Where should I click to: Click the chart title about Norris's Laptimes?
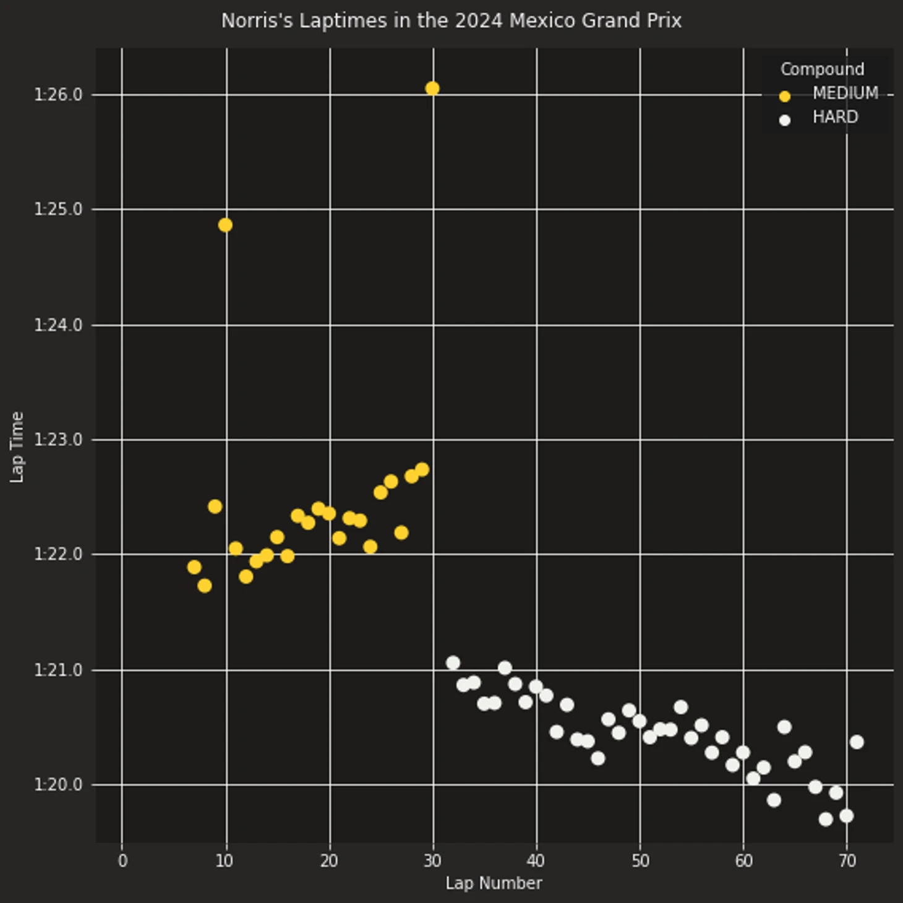click(451, 20)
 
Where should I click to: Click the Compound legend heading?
click(822, 69)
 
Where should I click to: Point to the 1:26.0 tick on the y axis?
click(58, 95)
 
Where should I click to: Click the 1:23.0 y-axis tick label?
click(58, 440)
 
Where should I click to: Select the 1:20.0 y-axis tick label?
click(58, 785)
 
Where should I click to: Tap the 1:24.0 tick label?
click(58, 325)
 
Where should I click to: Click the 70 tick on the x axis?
click(847, 861)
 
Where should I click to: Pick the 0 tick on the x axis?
click(122, 861)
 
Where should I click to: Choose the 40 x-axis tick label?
click(536, 861)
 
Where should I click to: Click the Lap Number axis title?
click(494, 883)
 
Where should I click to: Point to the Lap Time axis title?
click(17, 447)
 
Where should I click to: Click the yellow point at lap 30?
click(432, 88)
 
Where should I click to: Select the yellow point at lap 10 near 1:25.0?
click(225, 225)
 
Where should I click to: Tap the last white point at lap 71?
click(857, 742)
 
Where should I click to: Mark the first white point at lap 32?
click(453, 663)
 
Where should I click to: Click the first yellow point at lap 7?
click(194, 567)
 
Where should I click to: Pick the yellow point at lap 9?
click(215, 507)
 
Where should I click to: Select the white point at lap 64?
click(784, 727)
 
